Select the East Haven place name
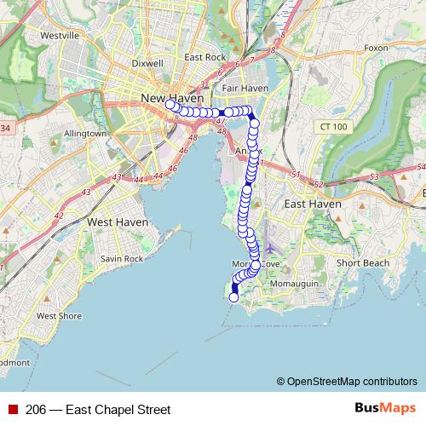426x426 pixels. click(313, 204)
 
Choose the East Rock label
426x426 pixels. click(204, 58)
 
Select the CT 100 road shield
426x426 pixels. click(333, 127)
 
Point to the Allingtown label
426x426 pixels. click(83, 134)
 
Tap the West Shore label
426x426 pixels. click(59, 315)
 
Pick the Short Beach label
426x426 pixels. click(362, 262)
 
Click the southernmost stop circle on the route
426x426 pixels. click(234, 297)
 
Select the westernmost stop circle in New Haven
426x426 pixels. click(170, 105)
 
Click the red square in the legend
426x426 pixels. click(13, 410)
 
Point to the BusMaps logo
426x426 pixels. click(385, 409)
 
